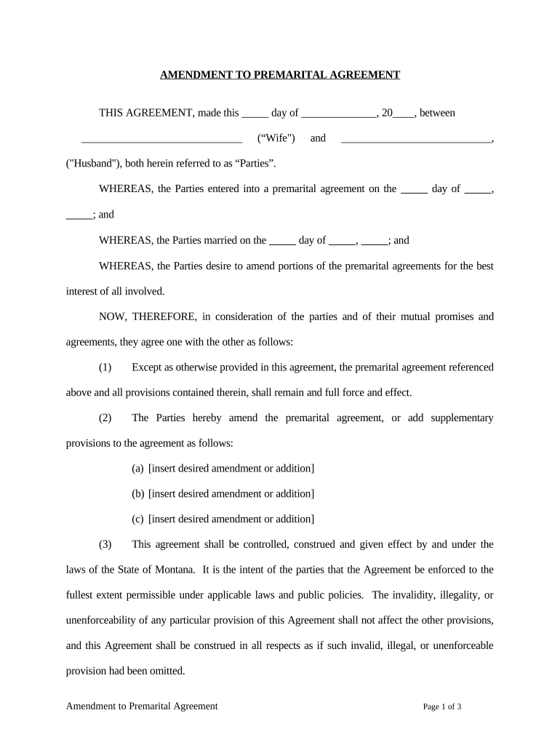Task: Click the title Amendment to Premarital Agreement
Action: pyautogui.click(x=280, y=75)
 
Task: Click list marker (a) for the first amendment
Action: pyautogui.click(x=137, y=469)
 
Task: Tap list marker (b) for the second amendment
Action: pyautogui.click(x=138, y=494)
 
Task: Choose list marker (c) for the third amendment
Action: pyautogui.click(x=137, y=519)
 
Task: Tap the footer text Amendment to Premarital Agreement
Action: pyautogui.click(x=142, y=706)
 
